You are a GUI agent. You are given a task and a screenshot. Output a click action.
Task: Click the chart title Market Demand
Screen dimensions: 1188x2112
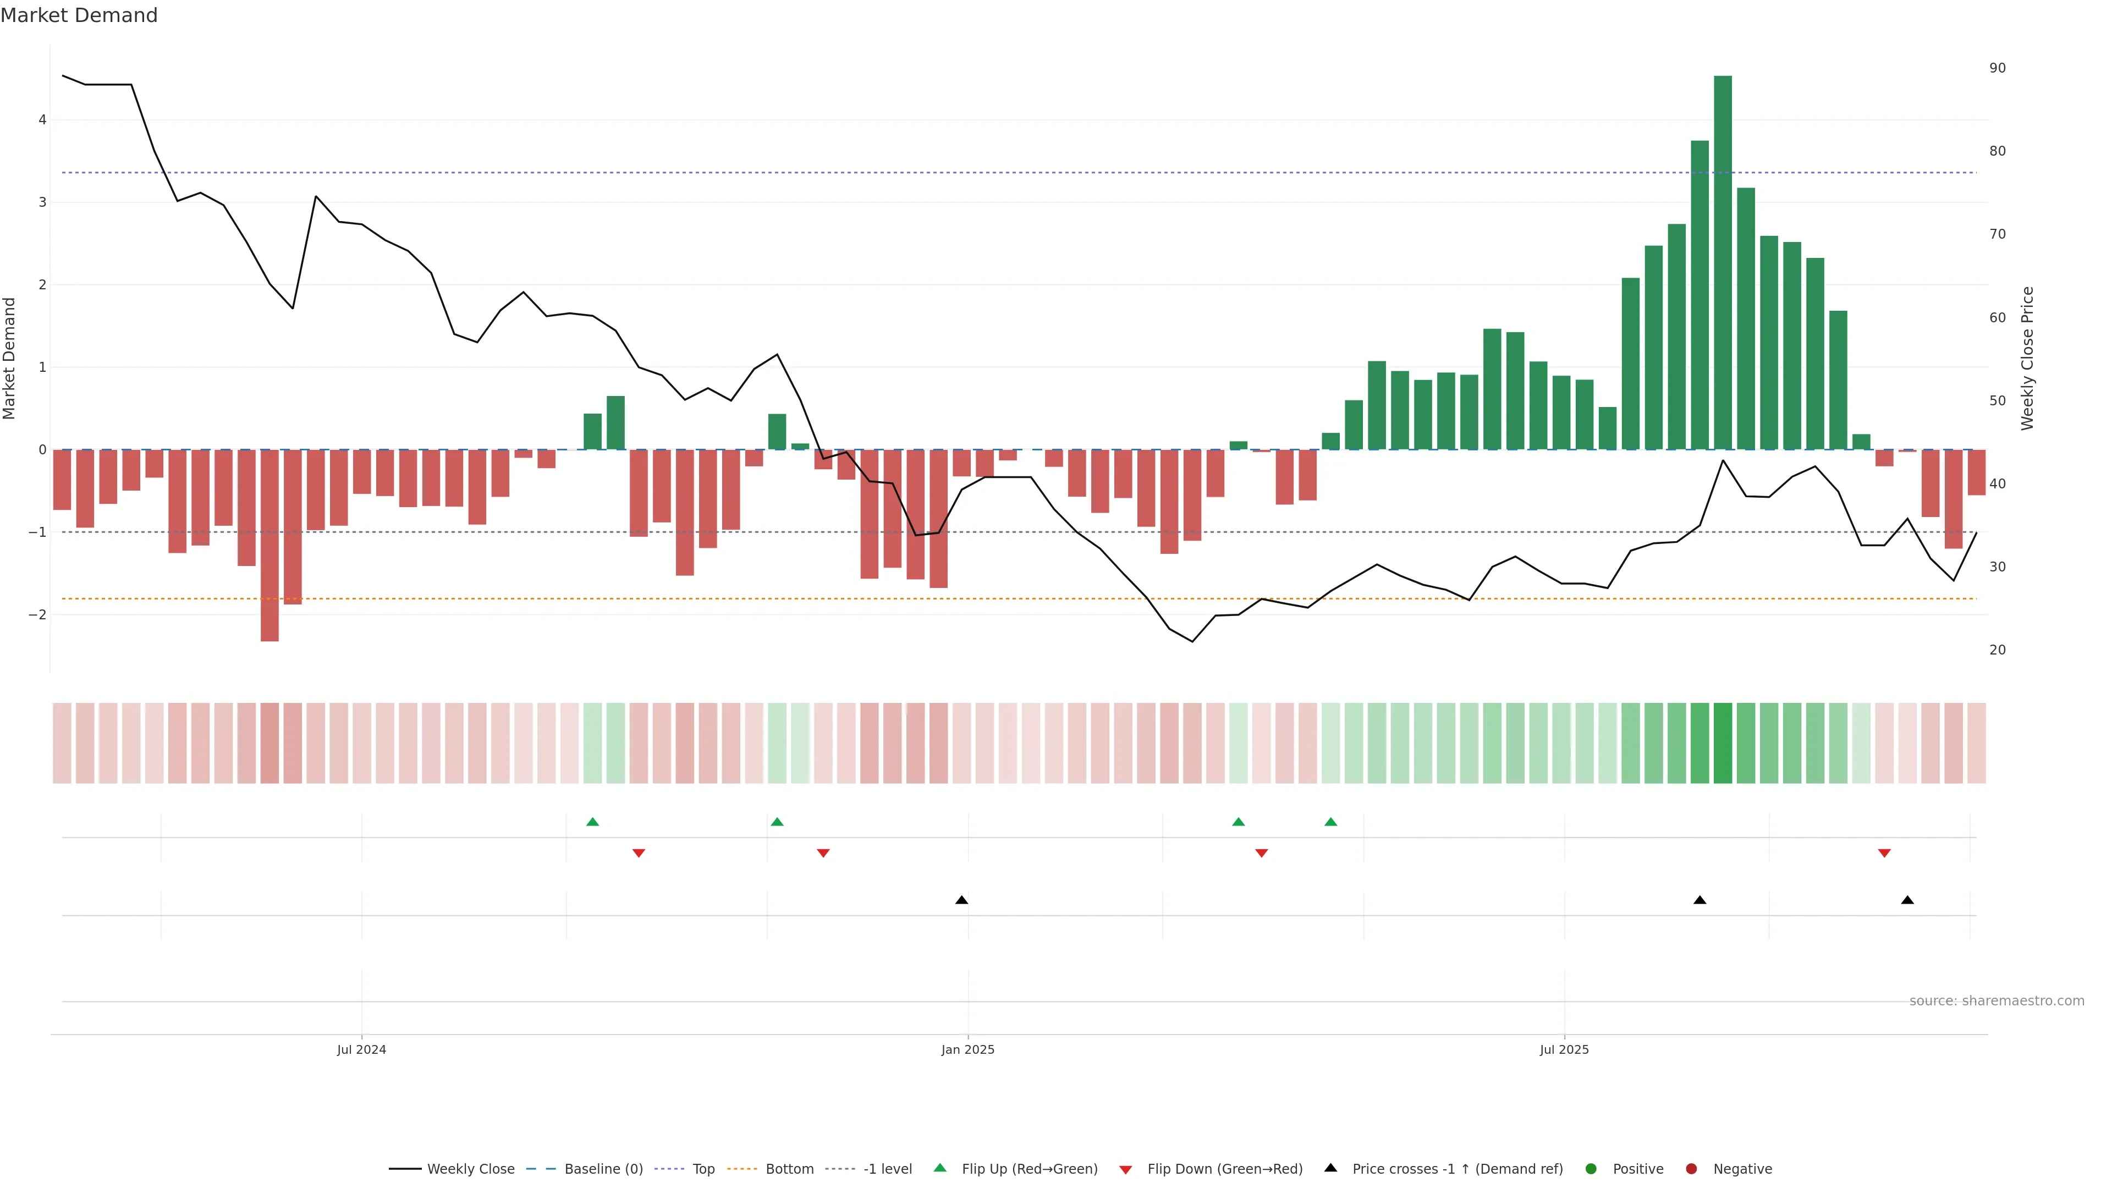click(x=79, y=15)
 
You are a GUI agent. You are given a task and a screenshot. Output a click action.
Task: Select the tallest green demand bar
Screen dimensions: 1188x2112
click(x=1723, y=262)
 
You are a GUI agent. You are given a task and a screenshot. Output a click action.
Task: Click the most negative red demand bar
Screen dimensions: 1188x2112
click(x=269, y=545)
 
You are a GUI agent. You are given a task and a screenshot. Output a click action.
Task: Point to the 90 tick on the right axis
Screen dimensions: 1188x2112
click(x=1997, y=68)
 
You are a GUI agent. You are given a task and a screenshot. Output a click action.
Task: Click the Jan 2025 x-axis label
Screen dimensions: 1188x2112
click(x=967, y=1049)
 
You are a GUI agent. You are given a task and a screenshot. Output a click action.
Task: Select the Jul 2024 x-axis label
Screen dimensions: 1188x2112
click(x=361, y=1049)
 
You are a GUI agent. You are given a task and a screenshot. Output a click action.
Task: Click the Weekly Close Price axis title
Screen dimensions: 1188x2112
click(x=2027, y=358)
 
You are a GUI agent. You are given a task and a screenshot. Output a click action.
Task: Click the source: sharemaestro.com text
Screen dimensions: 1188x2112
click(x=1997, y=1001)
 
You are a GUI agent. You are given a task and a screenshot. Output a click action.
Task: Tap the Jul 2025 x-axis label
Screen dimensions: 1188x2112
click(x=1564, y=1049)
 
